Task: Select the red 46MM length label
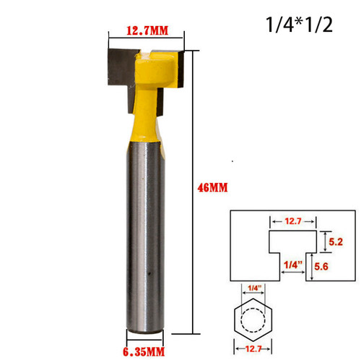coord(212,187)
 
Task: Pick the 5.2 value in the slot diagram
coord(326,243)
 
